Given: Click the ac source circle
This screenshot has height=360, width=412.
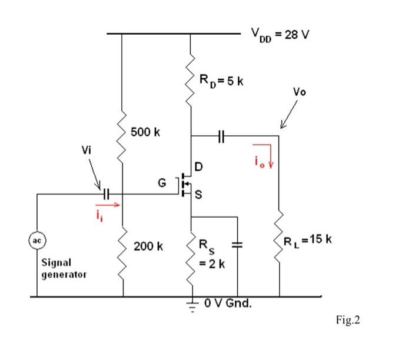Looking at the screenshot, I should tap(36, 241).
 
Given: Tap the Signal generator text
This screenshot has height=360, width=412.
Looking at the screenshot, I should tap(64, 268).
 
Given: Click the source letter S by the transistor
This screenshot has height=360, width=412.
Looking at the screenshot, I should tap(199, 197).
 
